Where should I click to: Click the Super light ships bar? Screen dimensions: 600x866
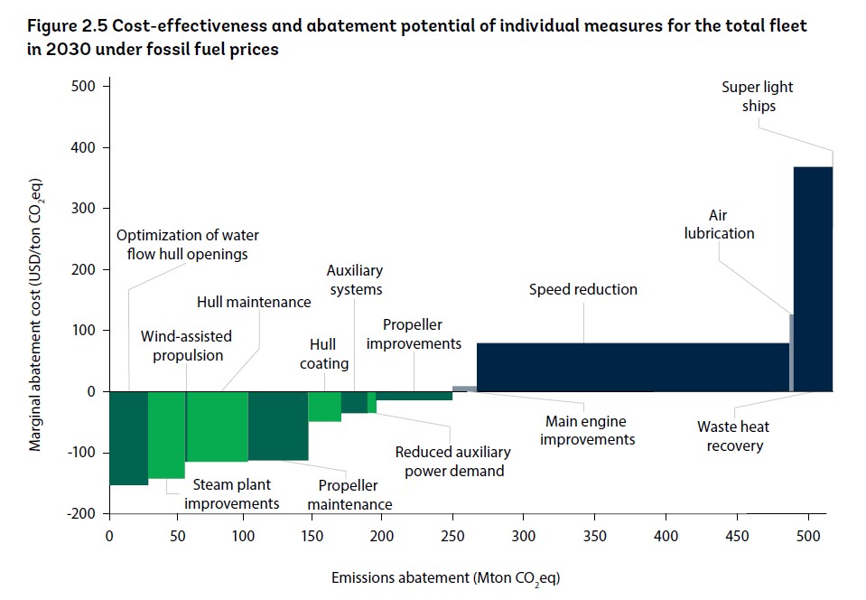point(812,278)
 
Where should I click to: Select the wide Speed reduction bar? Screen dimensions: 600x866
point(632,367)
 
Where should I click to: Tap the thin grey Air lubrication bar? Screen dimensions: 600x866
point(791,352)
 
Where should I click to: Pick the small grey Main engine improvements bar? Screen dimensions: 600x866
point(464,389)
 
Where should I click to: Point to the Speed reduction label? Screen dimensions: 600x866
point(582,290)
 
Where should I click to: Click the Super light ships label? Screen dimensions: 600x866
point(758,97)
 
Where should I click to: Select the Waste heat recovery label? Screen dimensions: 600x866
point(733,436)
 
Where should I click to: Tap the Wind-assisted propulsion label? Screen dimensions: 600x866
point(186,345)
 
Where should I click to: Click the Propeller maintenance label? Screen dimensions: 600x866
point(349,495)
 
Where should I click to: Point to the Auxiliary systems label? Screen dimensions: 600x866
point(355,280)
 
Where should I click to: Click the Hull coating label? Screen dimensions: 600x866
point(323,354)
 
